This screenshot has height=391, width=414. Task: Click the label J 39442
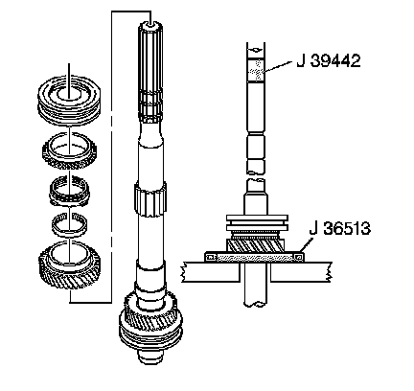(x=329, y=60)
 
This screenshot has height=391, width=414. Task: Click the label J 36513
(x=339, y=228)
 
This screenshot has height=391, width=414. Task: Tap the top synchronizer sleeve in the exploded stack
(x=69, y=99)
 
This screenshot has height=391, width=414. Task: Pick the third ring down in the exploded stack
(x=69, y=191)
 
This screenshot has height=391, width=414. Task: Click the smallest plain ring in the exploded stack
(x=70, y=224)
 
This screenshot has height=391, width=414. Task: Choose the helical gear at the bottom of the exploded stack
(x=70, y=264)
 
